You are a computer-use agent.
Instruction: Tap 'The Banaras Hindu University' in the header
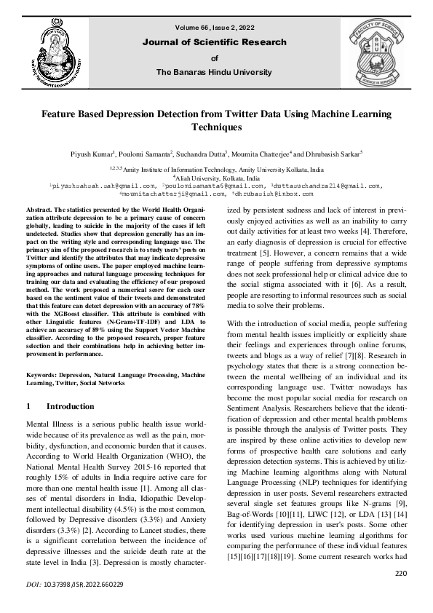(x=215, y=72)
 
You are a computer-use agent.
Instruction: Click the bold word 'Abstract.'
(x=41, y=210)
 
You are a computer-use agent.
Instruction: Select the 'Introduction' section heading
(x=70, y=406)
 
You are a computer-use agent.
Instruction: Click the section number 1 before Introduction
(x=28, y=406)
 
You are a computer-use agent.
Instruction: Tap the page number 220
(x=400, y=574)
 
